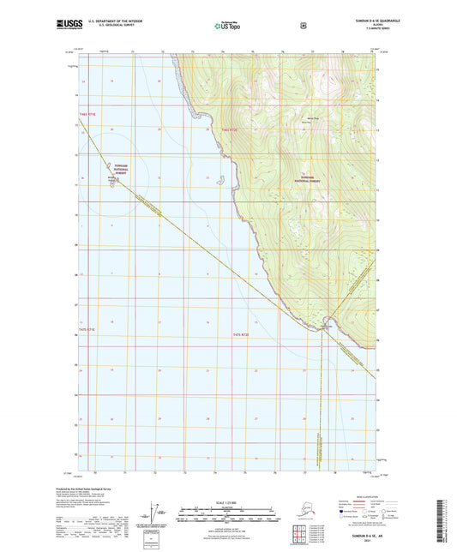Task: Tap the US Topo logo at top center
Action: click(228, 27)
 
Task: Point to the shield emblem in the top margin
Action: click(303, 26)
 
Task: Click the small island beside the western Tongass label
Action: click(113, 181)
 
